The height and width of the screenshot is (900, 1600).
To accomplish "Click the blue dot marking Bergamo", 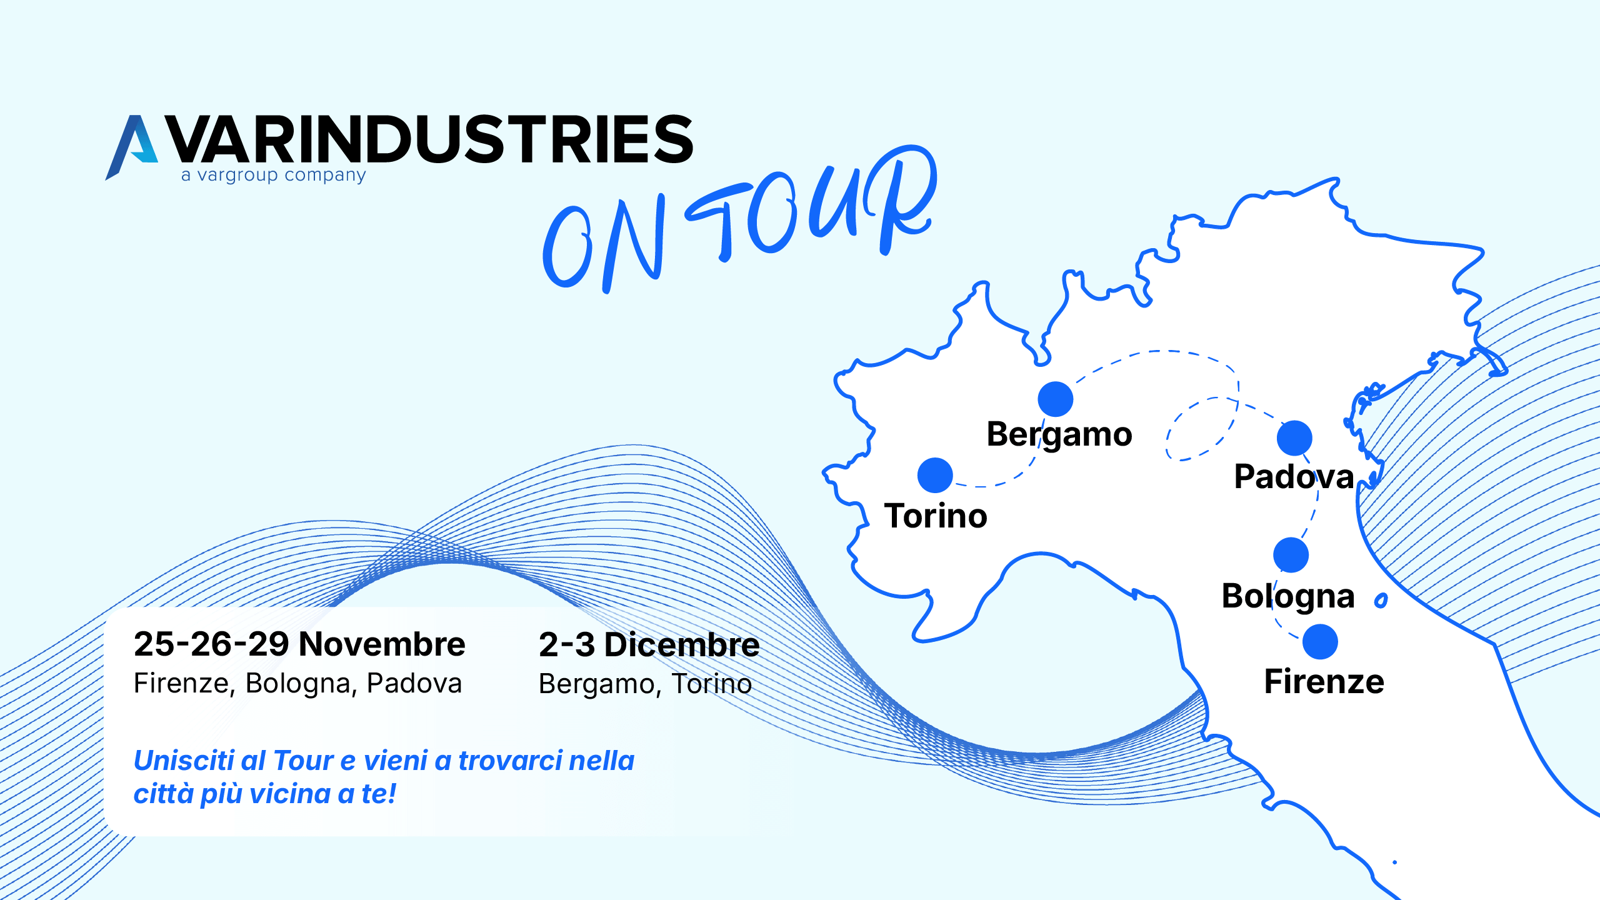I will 1055,399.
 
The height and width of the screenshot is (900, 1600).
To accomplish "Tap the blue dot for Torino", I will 935,475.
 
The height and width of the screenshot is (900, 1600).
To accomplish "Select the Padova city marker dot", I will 1294,437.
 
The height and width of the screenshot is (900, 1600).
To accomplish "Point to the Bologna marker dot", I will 1291,555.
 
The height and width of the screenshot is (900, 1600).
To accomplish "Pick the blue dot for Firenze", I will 1320,642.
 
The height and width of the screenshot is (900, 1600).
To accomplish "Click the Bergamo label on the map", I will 1059,434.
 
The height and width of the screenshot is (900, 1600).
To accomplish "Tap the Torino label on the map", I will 936,516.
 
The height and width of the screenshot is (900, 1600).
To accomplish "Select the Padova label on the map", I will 1294,477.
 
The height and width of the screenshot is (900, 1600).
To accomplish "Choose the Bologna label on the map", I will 1288,596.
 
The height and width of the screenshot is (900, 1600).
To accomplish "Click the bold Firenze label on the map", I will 1324,682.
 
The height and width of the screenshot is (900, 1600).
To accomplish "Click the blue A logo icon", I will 132,147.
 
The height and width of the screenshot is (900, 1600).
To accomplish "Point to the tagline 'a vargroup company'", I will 273,176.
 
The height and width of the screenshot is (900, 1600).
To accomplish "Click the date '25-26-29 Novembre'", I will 299,644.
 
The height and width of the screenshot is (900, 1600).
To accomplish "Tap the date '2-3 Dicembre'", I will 649,645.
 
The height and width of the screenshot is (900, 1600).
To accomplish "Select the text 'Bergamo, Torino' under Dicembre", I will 645,684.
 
